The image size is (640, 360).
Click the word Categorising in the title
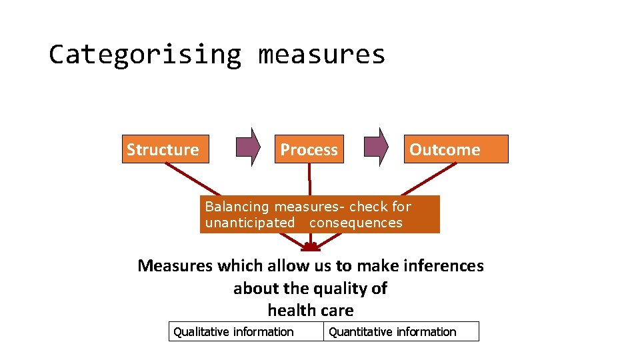(145, 55)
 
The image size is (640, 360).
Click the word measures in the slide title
(321, 55)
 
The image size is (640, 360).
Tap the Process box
(309, 149)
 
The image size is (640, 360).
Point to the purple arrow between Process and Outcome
(377, 147)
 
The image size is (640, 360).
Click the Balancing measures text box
(320, 214)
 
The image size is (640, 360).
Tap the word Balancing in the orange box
(237, 207)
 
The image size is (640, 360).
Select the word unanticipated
(249, 223)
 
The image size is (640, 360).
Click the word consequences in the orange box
(356, 223)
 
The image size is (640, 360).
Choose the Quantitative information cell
(401, 331)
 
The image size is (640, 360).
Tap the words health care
(311, 311)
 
